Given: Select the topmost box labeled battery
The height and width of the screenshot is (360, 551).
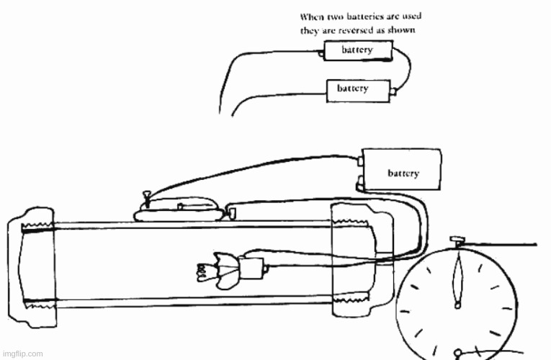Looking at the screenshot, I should (x=357, y=50).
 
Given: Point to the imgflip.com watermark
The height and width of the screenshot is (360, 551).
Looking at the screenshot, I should (x=22, y=354).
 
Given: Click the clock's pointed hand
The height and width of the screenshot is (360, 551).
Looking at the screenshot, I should (x=456, y=281).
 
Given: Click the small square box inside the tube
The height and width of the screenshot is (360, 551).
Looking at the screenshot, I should (x=252, y=269).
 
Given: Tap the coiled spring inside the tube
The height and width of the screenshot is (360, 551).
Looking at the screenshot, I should (x=202, y=271).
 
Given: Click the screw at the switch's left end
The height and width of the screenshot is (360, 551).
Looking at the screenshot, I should (x=146, y=194).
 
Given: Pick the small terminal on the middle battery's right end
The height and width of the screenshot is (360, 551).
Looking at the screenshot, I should (x=393, y=91).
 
